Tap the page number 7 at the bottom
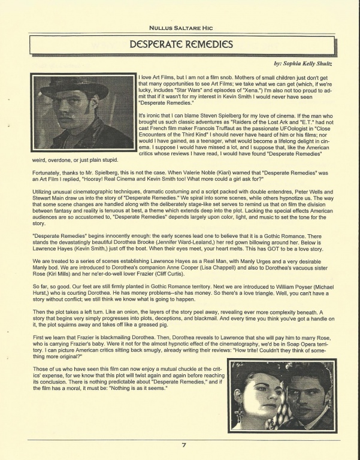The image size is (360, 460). [x=184, y=445]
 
